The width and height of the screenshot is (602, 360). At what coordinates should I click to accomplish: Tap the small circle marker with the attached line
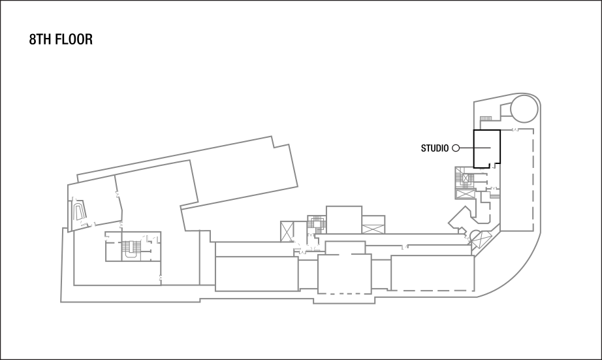[456, 148]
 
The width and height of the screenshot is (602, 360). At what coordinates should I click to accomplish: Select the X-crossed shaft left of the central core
[288, 231]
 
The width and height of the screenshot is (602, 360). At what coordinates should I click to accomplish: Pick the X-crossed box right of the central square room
[374, 229]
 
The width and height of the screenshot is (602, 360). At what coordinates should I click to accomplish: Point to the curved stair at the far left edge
[79, 211]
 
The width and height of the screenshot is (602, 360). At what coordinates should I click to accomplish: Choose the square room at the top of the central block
[343, 219]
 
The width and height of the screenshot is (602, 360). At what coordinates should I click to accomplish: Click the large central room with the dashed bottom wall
[344, 274]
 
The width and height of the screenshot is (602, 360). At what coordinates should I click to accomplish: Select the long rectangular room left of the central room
[256, 273]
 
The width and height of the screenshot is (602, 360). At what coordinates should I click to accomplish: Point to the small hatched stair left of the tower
[486, 118]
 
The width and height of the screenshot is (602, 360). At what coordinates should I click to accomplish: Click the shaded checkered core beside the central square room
[317, 224]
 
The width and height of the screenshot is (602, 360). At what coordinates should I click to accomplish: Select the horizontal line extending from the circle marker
[475, 148]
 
